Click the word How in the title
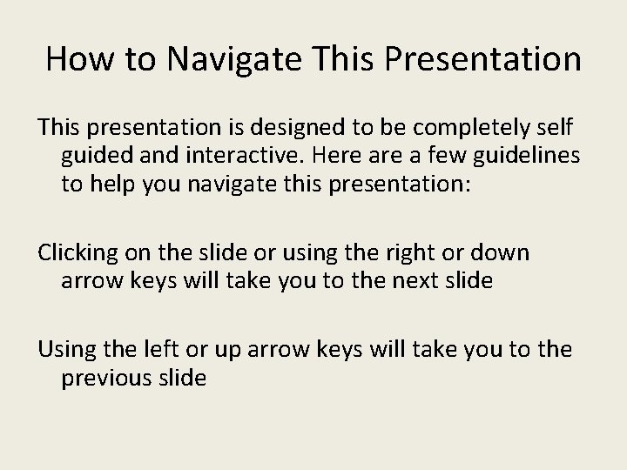75,59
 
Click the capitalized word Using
66,349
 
